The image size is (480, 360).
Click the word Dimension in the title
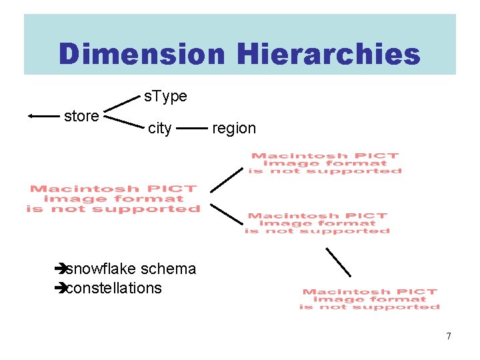click(141, 54)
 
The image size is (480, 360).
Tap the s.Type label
click(165, 97)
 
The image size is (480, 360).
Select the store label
click(81, 116)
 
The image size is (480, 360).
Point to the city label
click(159, 128)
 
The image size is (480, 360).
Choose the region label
click(233, 128)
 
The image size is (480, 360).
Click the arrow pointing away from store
click(44, 116)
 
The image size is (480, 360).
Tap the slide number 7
click(449, 336)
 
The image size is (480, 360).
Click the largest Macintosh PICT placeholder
click(113, 199)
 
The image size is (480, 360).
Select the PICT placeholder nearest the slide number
click(369, 299)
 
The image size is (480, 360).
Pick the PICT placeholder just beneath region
click(325, 163)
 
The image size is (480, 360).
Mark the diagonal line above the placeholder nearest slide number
click(338, 261)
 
